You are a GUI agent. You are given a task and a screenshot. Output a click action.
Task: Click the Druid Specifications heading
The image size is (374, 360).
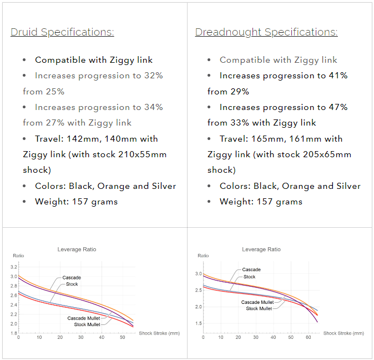pos(62,32)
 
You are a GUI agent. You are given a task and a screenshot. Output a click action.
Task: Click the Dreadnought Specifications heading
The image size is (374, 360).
pos(266,32)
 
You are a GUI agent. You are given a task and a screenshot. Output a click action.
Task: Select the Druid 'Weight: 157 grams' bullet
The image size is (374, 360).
pos(76,201)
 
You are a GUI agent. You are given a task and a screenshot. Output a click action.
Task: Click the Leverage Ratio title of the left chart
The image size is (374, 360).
pos(77,249)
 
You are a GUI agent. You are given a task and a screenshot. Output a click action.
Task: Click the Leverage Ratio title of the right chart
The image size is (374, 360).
pos(261,249)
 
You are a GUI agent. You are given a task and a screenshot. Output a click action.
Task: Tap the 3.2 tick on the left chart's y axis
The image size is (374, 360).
pos(14,267)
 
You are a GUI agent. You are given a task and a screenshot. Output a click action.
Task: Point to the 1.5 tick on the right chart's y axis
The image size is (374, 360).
pos(199,323)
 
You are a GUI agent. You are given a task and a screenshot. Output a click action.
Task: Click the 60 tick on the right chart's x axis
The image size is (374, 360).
pos(308,337)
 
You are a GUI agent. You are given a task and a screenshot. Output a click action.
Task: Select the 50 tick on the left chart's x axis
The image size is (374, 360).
pos(122,337)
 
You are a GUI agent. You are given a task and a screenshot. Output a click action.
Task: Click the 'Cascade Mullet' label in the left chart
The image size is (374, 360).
pos(84,318)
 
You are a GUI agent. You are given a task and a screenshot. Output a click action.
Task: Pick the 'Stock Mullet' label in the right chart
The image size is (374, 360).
pos(259,308)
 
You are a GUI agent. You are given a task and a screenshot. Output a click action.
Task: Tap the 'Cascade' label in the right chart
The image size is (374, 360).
pos(251,270)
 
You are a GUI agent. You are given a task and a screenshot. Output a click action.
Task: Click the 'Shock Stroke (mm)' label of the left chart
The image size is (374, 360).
pos(159,333)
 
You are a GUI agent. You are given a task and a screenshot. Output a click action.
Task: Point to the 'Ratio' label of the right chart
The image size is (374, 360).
pos(203,256)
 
